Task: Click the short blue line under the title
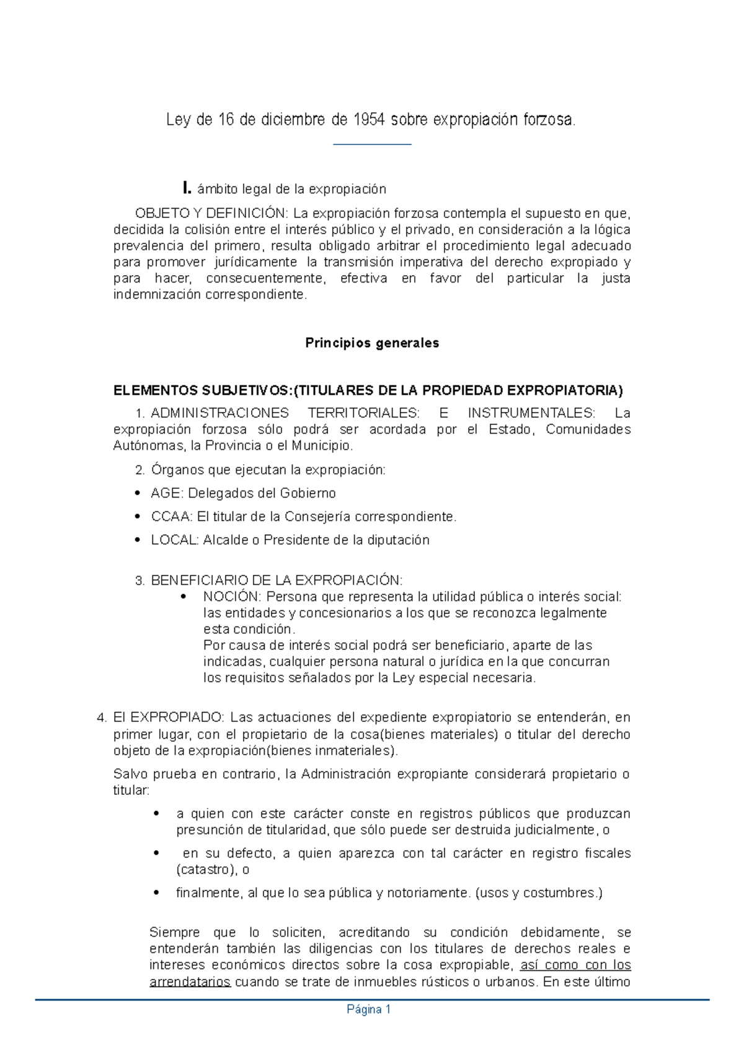[372, 144]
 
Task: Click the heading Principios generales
[372, 343]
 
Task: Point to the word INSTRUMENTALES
[529, 413]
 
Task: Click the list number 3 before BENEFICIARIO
[139, 581]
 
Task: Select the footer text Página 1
[369, 1010]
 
